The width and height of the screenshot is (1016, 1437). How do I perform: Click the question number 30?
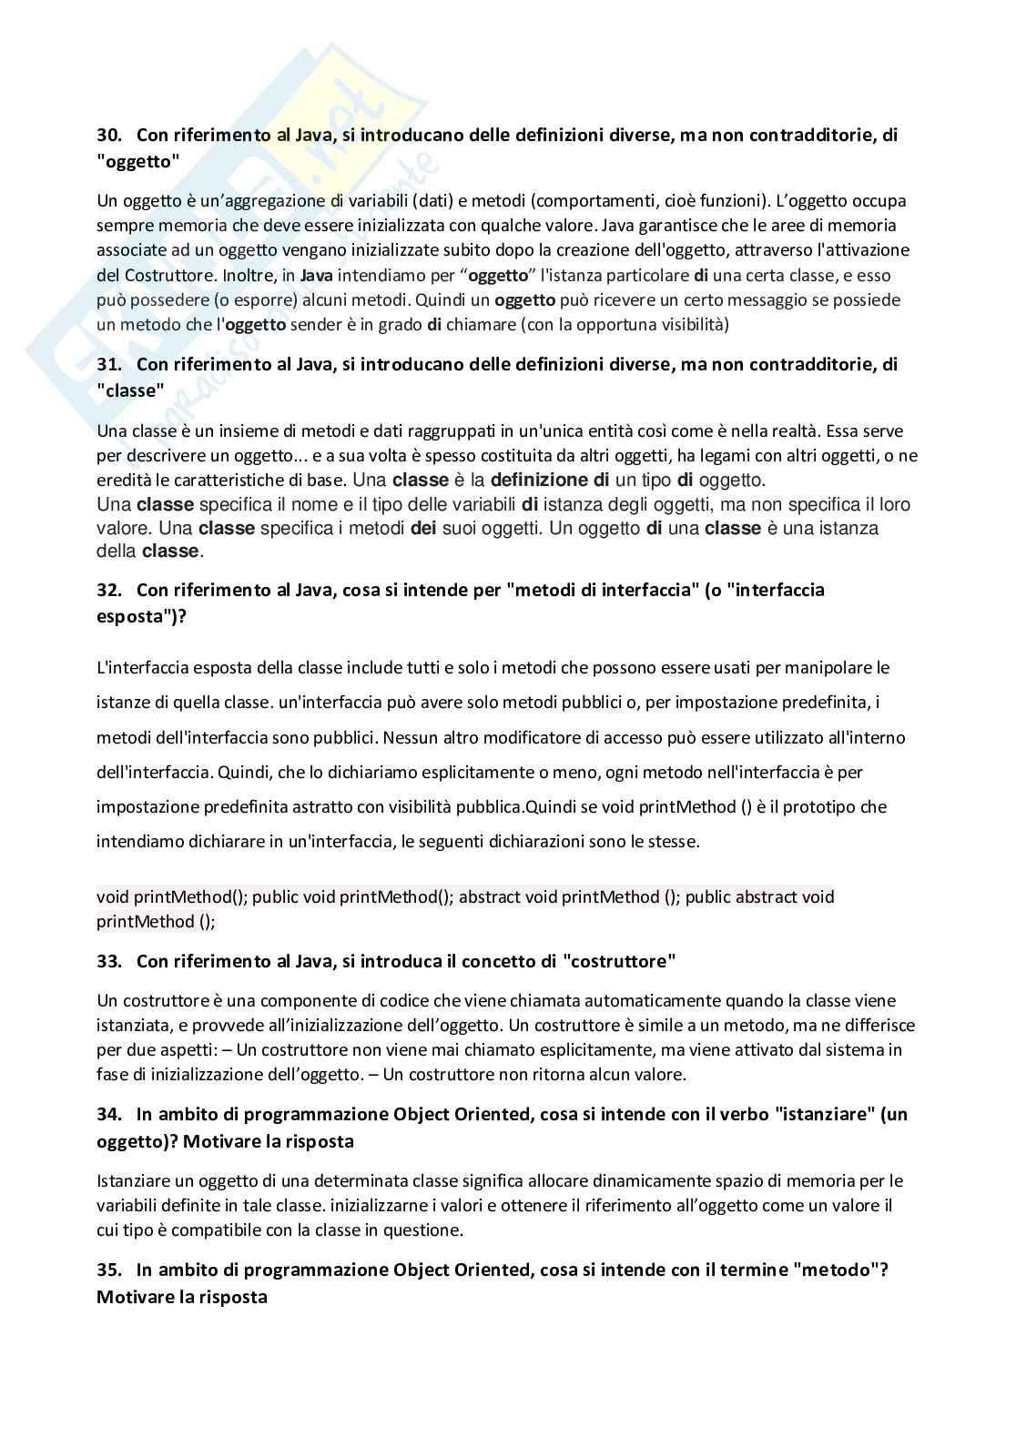tap(109, 136)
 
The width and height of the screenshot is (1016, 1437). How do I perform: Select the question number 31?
tap(109, 365)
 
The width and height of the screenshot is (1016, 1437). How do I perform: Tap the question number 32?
tap(109, 590)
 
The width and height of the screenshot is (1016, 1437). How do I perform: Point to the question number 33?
tap(109, 961)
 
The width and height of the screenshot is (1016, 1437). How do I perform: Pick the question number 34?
tap(109, 1114)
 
